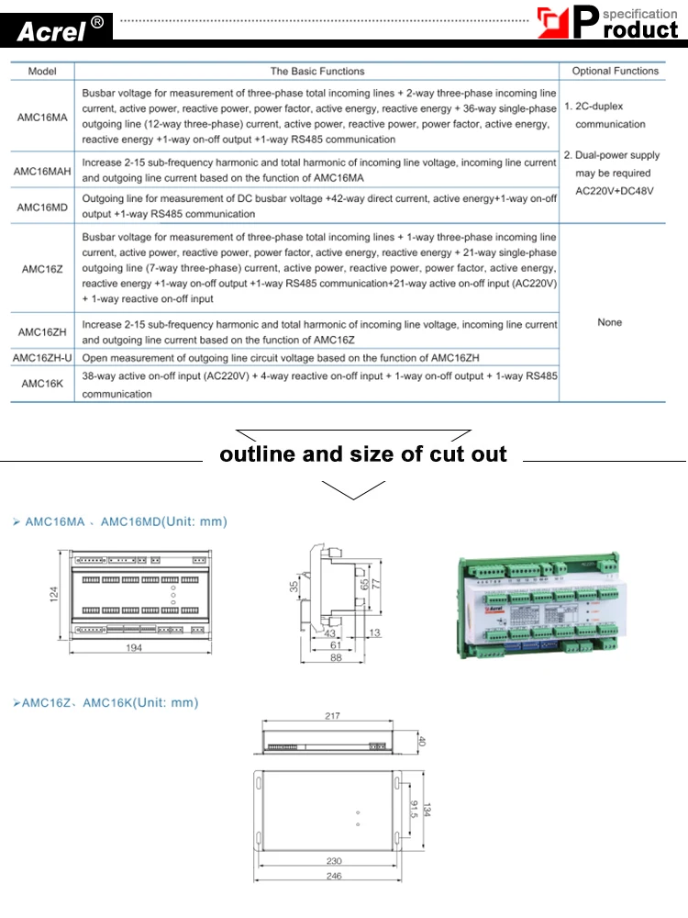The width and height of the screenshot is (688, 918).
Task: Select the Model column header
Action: pyautogui.click(x=42, y=71)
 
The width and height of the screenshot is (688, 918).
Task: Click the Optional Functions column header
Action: pyautogui.click(x=615, y=71)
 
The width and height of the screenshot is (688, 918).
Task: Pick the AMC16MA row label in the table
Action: pyautogui.click(x=42, y=117)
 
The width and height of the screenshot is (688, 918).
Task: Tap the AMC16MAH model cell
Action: pyautogui.click(x=42, y=171)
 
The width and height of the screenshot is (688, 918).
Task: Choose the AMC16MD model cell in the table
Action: pyautogui.click(x=42, y=207)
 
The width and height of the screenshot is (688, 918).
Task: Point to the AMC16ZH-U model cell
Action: pyautogui.click(x=42, y=357)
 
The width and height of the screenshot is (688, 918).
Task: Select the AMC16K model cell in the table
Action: pyautogui.click(x=42, y=385)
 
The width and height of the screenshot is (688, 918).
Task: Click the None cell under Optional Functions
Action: pyautogui.click(x=609, y=322)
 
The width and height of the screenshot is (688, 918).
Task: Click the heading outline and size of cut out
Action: pyautogui.click(x=363, y=454)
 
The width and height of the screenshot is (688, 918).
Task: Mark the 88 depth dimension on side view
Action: pyautogui.click(x=336, y=657)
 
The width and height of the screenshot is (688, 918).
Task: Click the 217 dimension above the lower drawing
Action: pyautogui.click(x=333, y=716)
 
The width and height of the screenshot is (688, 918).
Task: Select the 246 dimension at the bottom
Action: pyautogui.click(x=333, y=877)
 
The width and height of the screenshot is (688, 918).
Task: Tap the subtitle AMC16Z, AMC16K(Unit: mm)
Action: pyautogui.click(x=105, y=703)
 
